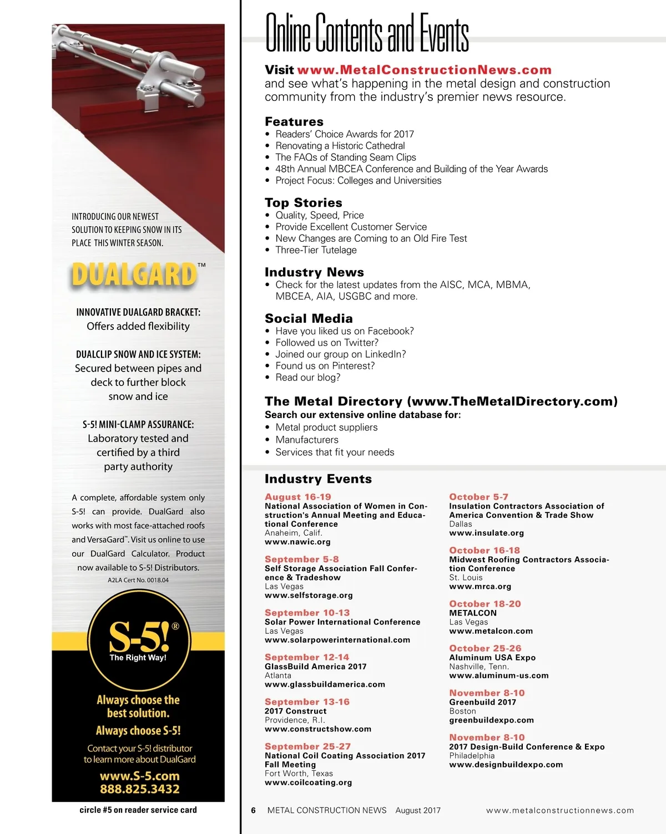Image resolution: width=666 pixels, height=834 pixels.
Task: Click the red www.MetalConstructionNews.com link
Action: (424, 70)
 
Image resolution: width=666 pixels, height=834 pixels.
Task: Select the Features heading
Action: (294, 121)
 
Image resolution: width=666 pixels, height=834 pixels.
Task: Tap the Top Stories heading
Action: (303, 202)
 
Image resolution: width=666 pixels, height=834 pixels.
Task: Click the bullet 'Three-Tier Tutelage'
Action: (316, 250)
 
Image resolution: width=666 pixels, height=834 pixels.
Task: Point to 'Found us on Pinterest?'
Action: (325, 366)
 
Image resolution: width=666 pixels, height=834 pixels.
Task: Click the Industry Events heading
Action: (318, 479)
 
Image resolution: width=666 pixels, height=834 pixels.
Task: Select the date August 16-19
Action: (297, 497)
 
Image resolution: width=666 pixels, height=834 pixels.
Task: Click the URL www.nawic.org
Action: (297, 542)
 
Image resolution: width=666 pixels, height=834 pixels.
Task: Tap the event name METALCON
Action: (472, 613)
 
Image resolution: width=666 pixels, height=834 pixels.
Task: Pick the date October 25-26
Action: (485, 648)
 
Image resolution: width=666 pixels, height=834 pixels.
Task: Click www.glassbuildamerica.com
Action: (325, 684)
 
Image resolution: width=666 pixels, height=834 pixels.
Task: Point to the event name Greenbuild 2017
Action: (482, 702)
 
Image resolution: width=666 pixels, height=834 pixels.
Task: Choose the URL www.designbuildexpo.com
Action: (506, 765)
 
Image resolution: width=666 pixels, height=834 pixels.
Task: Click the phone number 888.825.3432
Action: (139, 789)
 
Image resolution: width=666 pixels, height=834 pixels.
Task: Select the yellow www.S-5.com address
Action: (139, 776)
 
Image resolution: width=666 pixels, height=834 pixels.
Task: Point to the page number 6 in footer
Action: (253, 810)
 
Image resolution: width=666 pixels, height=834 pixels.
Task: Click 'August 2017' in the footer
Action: (418, 810)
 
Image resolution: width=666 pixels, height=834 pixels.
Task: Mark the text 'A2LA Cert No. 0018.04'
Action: (138, 580)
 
